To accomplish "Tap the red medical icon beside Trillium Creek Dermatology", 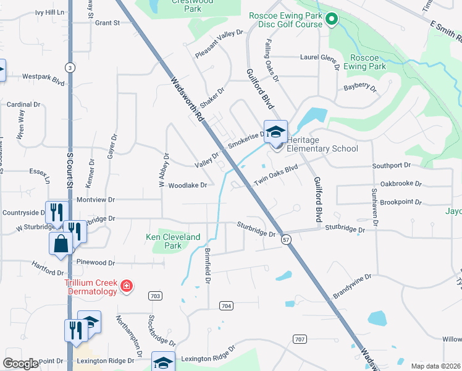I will [x=127, y=286].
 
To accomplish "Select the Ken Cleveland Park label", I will [x=173, y=241].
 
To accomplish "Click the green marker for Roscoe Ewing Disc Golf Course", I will [x=332, y=20].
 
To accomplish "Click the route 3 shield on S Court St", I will [x=71, y=67].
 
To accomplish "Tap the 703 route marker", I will [x=155, y=296].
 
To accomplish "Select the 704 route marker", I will [x=226, y=305].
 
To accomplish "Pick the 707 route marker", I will [x=300, y=339].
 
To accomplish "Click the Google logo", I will [x=20, y=364].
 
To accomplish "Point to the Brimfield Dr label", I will [x=207, y=267].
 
